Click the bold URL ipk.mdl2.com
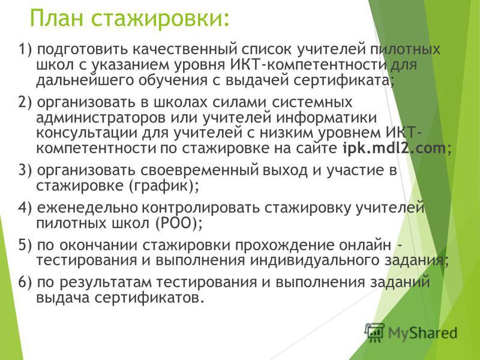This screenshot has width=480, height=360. click(x=394, y=148)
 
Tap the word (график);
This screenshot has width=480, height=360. click(x=163, y=186)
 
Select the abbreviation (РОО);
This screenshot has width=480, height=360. click(x=179, y=223)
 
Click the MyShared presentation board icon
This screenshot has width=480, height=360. click(x=374, y=332)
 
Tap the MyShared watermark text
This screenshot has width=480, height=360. click(x=423, y=334)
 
